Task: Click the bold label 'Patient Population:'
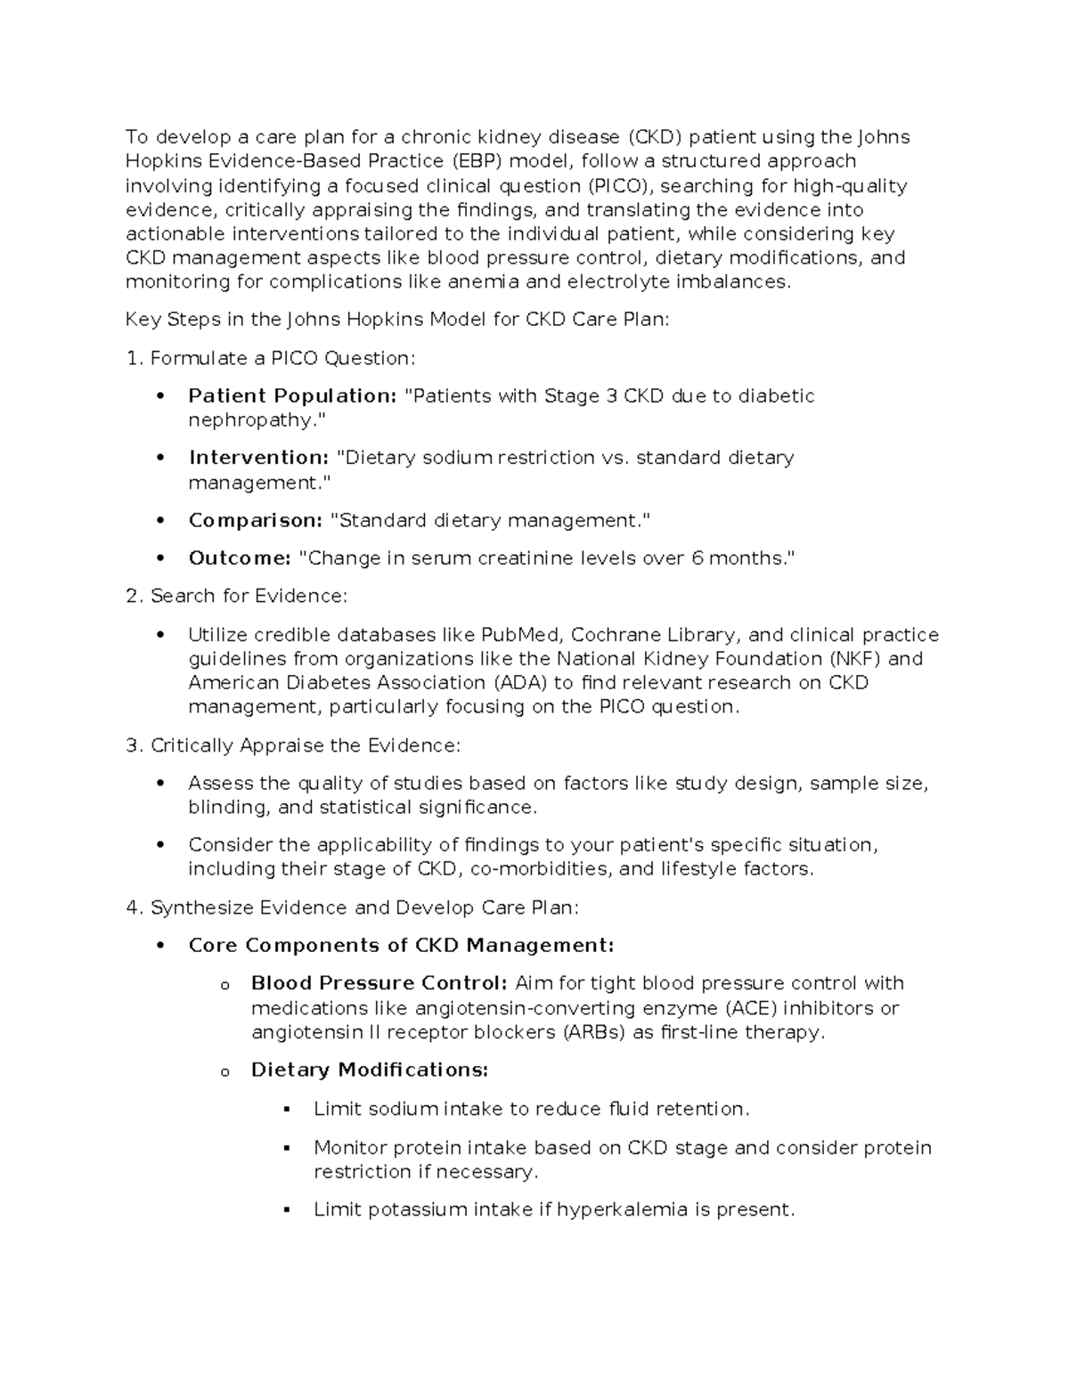(x=292, y=396)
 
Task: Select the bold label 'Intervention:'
(x=258, y=458)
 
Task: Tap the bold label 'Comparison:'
(x=255, y=520)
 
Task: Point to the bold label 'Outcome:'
(x=240, y=558)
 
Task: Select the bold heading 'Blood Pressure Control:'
(x=379, y=984)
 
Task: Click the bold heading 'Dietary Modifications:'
(x=370, y=1070)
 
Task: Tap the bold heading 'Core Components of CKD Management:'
(x=401, y=946)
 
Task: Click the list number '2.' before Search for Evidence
(x=135, y=597)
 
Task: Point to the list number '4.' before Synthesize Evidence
(x=135, y=908)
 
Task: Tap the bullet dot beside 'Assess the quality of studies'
(x=160, y=785)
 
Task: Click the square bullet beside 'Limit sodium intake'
(x=286, y=1110)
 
